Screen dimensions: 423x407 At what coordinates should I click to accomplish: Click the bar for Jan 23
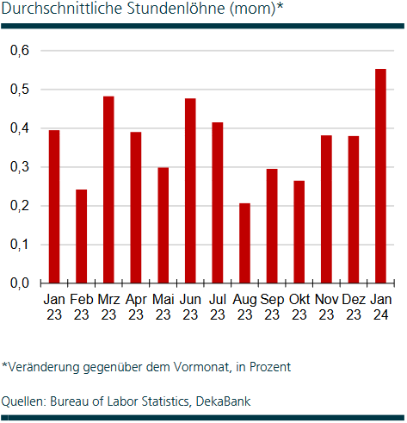pos(54,207)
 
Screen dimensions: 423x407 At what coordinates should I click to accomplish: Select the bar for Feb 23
pos(81,236)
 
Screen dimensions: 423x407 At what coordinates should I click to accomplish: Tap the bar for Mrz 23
pos(108,190)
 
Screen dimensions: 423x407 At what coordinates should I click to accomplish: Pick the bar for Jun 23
pos(190,190)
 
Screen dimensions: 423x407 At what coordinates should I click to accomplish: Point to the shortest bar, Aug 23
pos(244,243)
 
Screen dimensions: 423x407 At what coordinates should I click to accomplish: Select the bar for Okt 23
pos(299,232)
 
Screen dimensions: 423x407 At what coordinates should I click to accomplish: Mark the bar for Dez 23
pos(353,209)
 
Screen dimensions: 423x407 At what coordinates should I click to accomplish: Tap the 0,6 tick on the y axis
pos(20,51)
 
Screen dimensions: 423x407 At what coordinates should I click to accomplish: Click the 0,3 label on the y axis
pos(20,167)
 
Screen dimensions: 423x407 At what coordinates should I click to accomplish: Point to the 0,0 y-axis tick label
pos(20,283)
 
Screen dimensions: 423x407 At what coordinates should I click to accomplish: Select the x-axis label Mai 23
pos(163,307)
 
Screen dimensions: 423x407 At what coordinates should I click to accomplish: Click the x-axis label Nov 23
pos(325,307)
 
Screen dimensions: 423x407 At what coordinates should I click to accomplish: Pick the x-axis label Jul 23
pos(217,307)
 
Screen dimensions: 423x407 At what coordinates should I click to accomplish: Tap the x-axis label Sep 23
pos(271,307)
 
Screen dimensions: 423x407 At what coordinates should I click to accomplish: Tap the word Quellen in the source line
pos(23,401)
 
